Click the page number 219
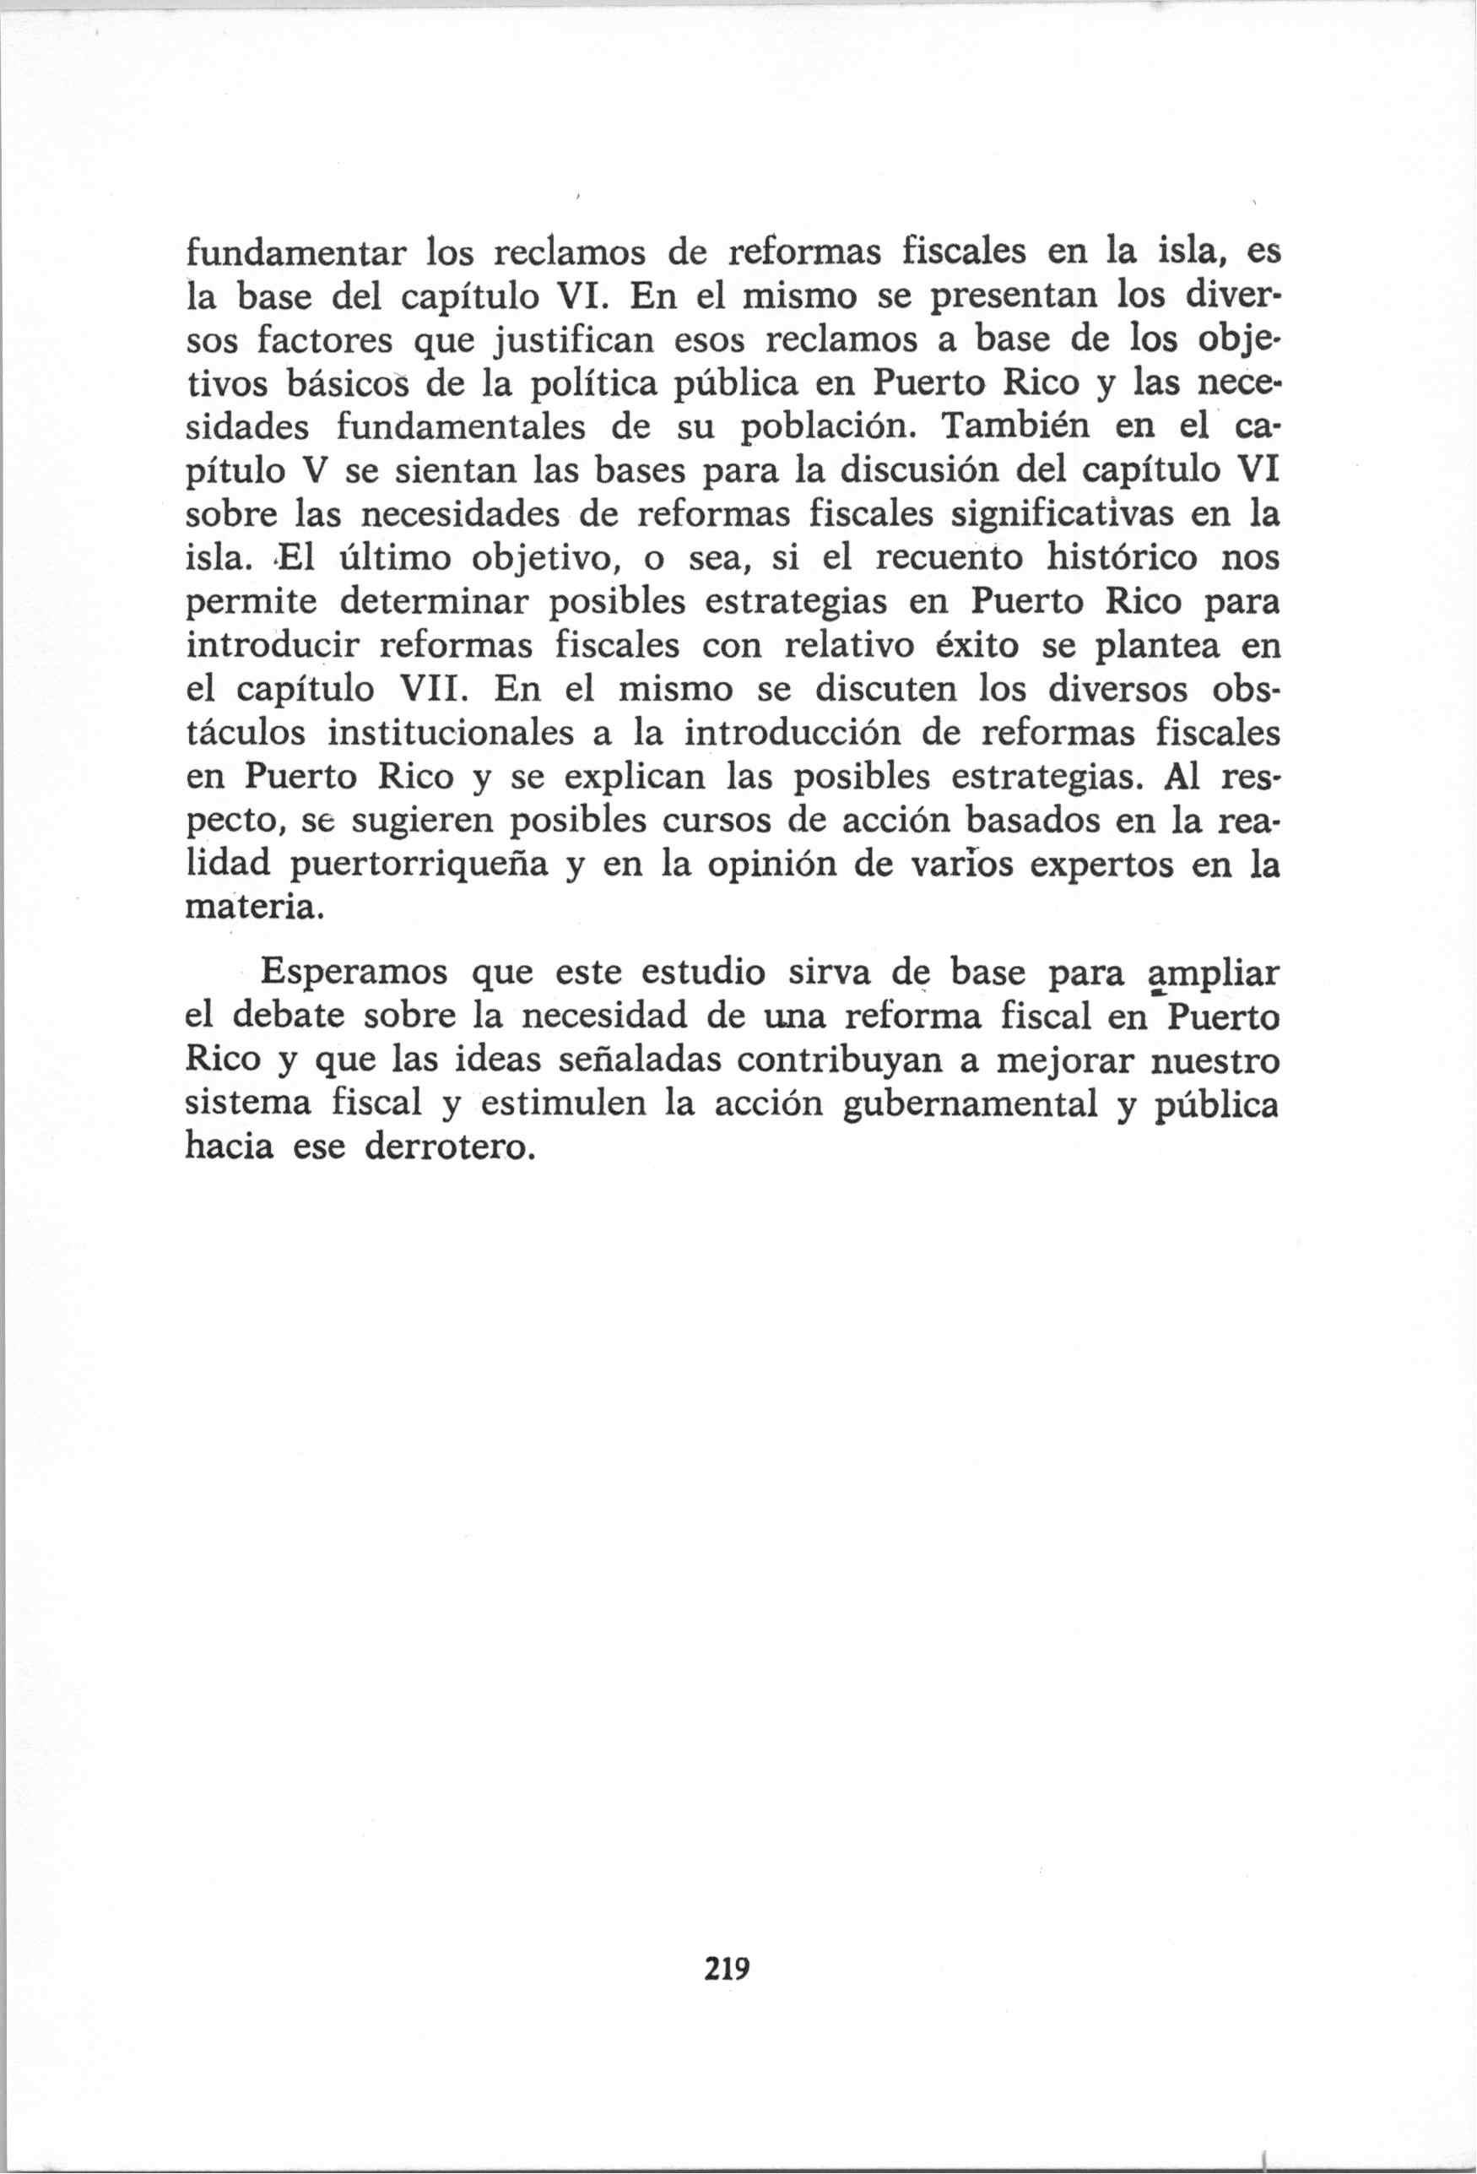(x=728, y=1968)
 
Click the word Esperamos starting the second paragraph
(x=354, y=973)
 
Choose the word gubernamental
(x=970, y=1106)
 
